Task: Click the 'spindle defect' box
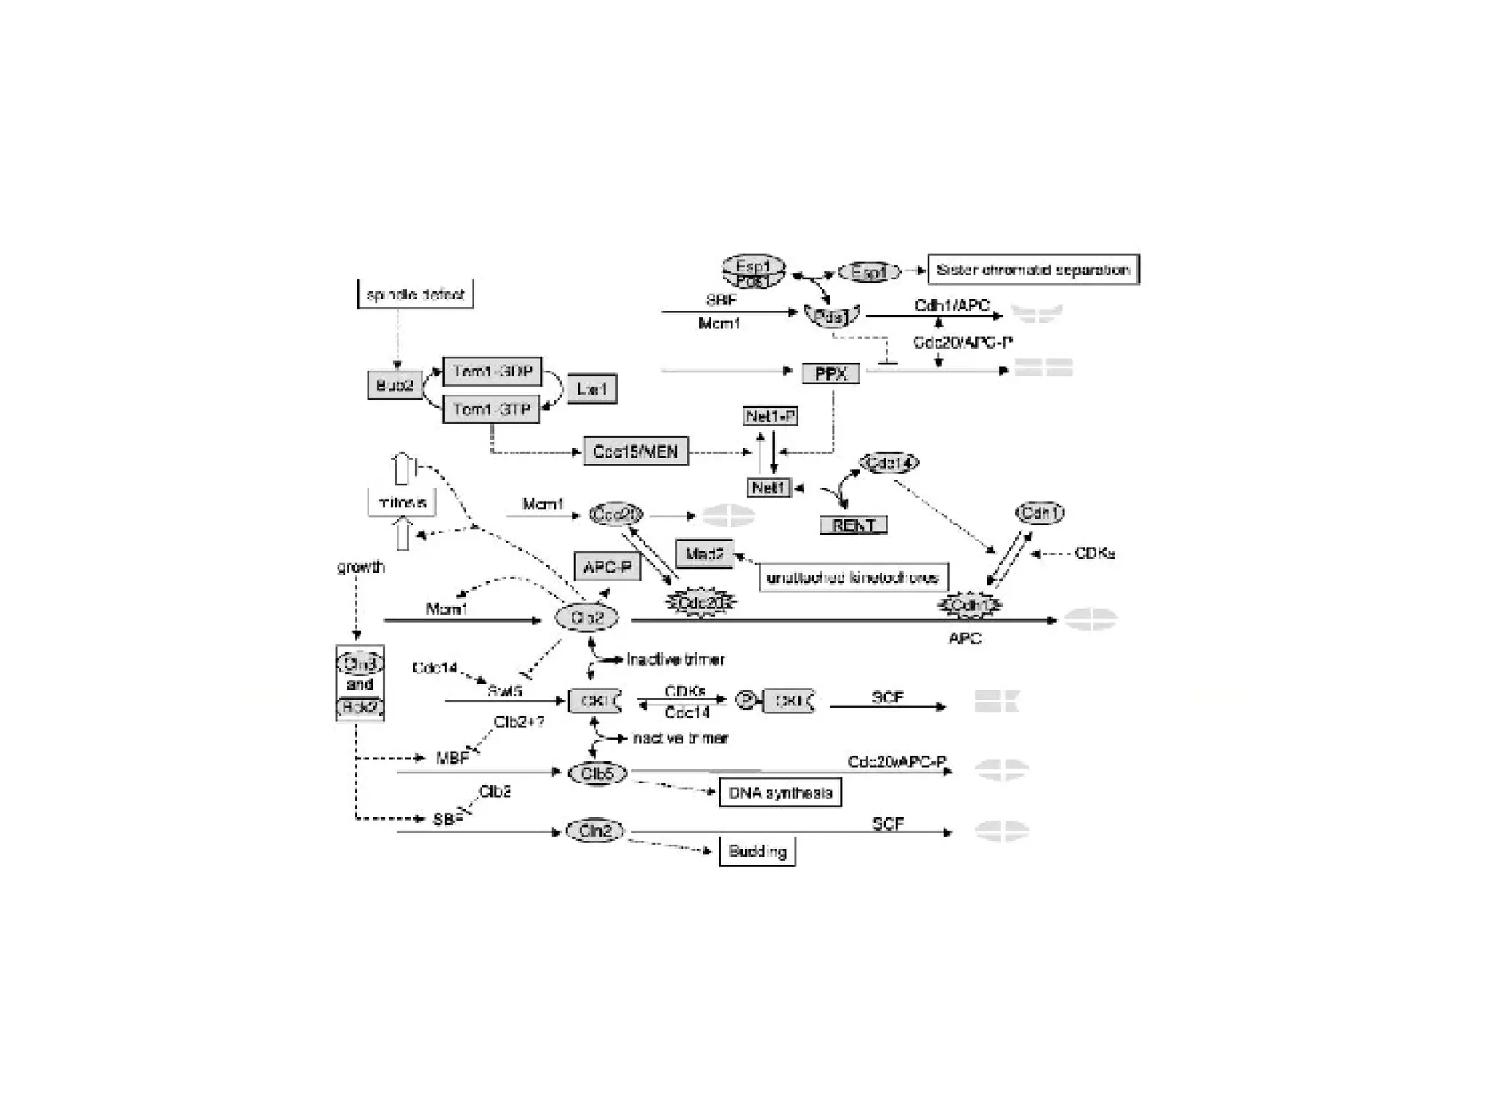(415, 294)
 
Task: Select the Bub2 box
(395, 385)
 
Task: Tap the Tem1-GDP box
(492, 371)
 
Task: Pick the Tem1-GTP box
(492, 409)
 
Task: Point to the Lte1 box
(591, 389)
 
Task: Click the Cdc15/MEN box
(635, 451)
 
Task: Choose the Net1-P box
(770, 416)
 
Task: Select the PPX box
(830, 373)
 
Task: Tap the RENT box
(854, 525)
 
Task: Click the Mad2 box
(704, 554)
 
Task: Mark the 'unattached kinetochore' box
(853, 578)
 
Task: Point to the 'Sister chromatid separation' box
(1033, 270)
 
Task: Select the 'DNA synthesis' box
(780, 793)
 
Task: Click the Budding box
(757, 852)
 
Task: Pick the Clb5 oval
(597, 774)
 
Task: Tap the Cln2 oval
(595, 830)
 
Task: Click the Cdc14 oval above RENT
(889, 463)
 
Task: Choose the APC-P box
(607, 567)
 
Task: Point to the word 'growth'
(360, 567)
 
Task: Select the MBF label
(452, 758)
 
